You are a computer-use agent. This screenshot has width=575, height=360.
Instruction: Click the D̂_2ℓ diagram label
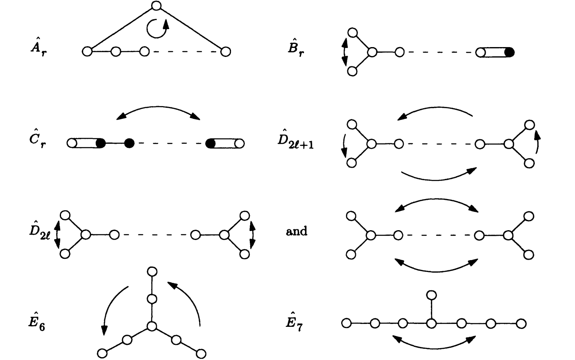(39, 231)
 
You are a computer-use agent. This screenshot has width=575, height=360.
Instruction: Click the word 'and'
(297, 231)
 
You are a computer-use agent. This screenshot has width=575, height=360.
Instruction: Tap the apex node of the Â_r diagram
(156, 6)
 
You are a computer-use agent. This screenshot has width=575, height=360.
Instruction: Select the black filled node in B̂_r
(509, 52)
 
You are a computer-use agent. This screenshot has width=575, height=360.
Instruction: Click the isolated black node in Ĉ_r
(129, 143)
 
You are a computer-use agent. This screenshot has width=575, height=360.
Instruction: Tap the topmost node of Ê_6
(152, 271)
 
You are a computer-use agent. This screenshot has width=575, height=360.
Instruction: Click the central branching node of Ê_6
(152, 326)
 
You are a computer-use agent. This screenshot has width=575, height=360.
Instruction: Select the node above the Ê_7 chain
(431, 295)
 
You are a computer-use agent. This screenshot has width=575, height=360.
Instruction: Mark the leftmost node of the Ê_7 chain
(346, 324)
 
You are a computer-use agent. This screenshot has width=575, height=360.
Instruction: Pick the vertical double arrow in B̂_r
(344, 52)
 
